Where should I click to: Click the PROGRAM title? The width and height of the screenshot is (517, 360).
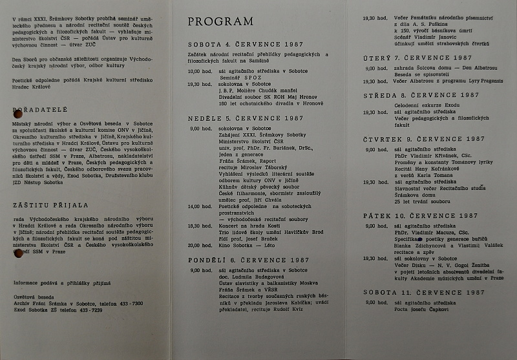(x=220, y=22)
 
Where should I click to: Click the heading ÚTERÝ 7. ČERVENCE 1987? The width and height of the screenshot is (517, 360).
(x=416, y=59)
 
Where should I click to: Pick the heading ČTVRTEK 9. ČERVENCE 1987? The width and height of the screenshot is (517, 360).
(x=423, y=139)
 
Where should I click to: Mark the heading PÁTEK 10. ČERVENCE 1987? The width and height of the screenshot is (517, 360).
(x=419, y=215)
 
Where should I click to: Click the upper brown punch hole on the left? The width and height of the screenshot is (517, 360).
(x=18, y=114)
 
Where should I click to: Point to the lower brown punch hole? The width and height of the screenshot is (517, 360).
(x=17, y=253)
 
